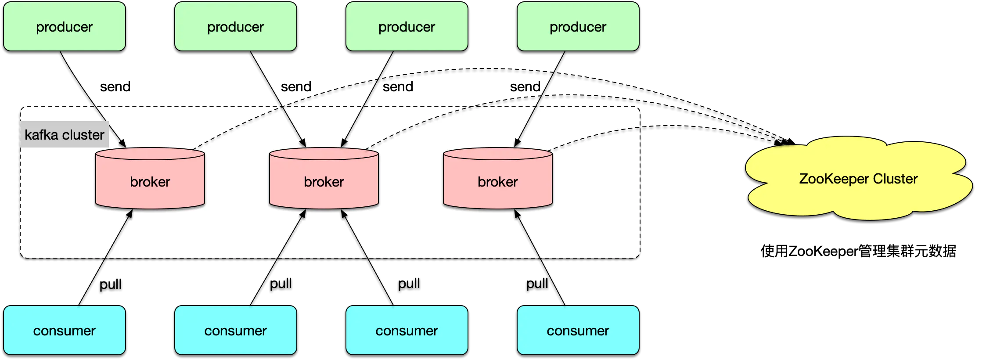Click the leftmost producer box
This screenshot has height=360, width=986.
pos(65,26)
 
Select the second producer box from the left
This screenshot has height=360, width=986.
pos(236,26)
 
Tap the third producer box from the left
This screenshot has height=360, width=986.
pos(407,26)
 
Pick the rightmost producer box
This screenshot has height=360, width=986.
pos(578,26)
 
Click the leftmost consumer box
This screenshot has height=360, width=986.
pos(65,330)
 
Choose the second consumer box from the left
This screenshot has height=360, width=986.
pos(236,330)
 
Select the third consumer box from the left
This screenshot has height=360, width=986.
pos(407,330)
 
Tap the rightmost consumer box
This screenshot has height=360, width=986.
pos(578,330)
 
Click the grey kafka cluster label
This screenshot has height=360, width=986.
pos(65,134)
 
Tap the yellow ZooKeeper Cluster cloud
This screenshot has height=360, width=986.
pos(858,179)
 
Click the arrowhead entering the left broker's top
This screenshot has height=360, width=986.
pos(123,144)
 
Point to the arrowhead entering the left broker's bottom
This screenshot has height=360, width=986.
pos(130,214)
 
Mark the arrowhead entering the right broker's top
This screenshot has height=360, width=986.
pos(517,143)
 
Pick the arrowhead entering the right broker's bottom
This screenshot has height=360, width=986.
pos(517,214)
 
